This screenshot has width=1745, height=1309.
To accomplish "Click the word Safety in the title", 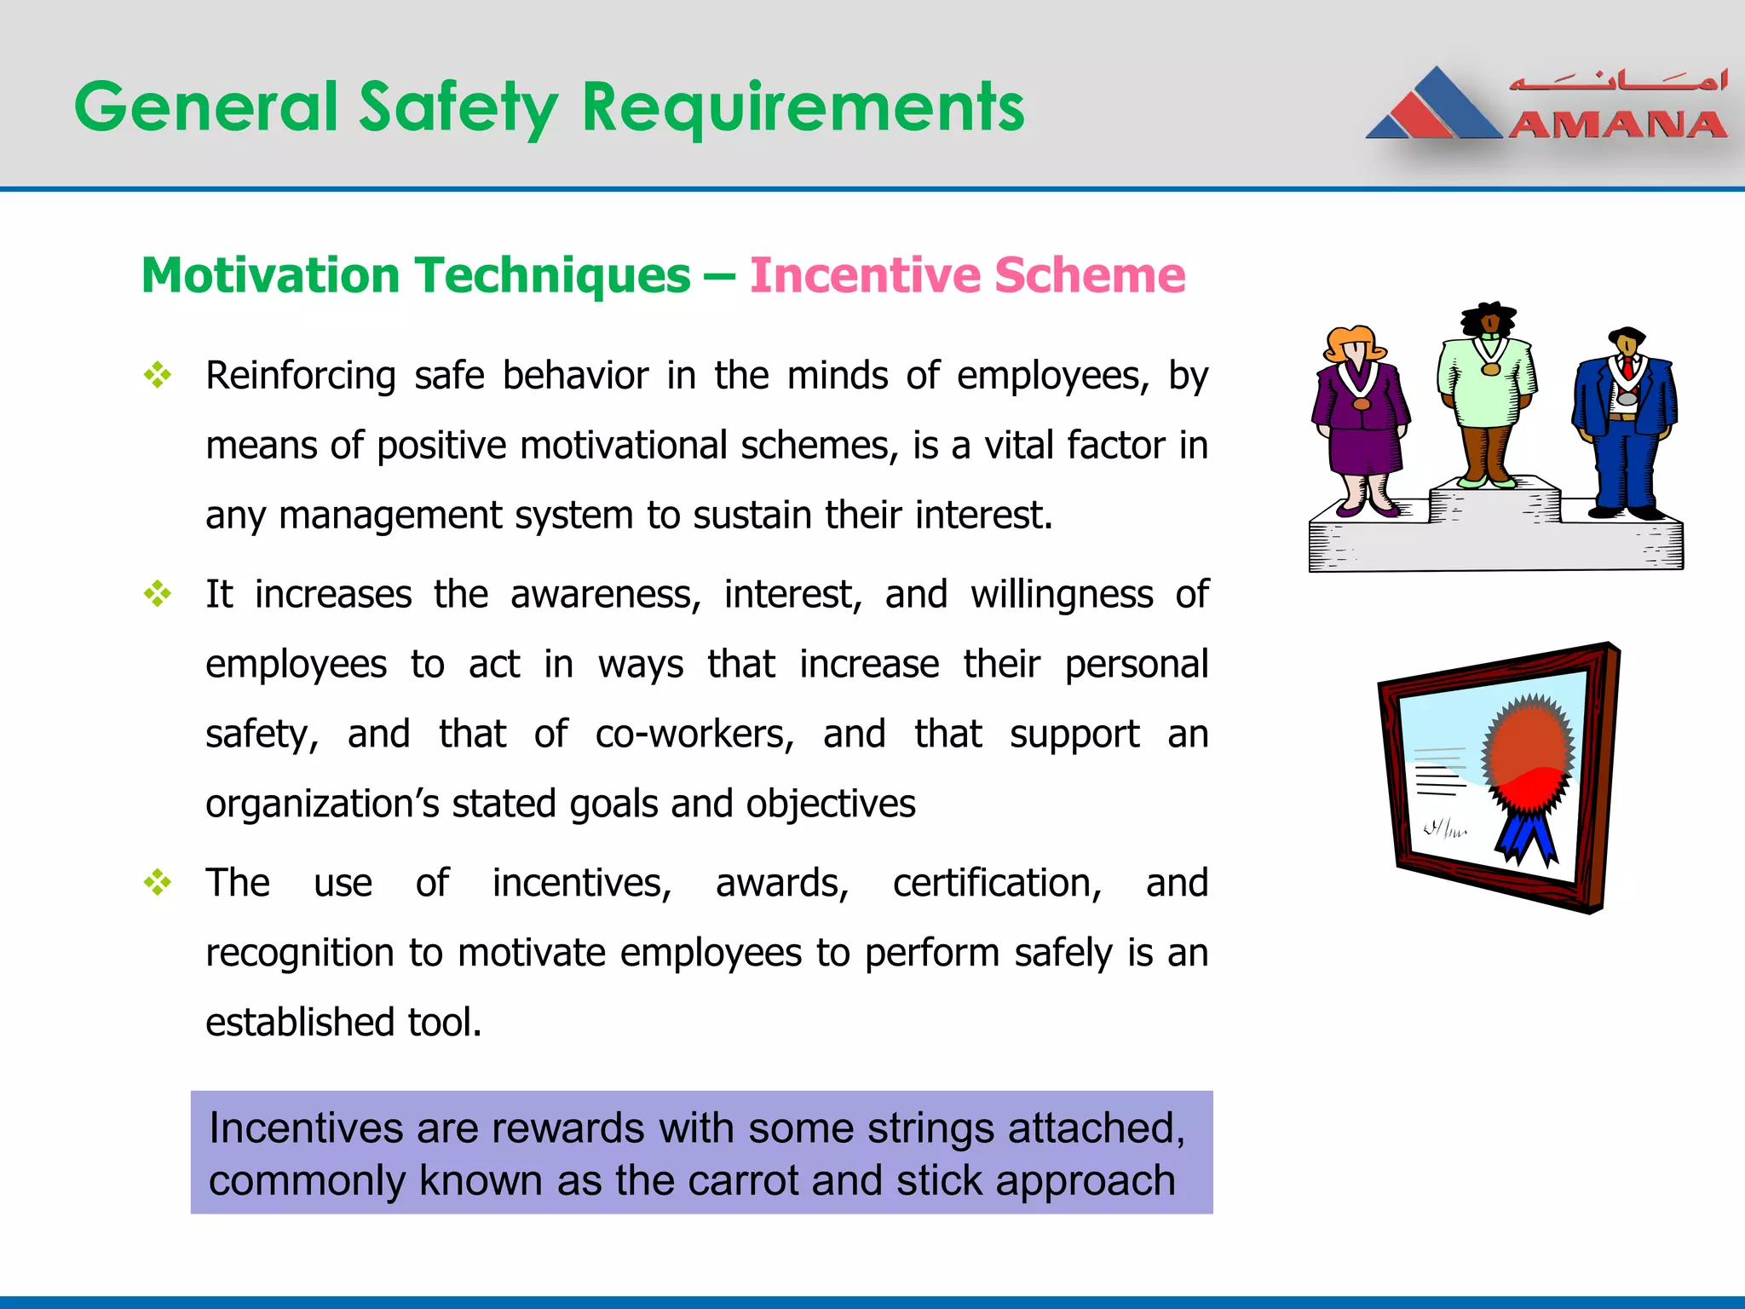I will (458, 107).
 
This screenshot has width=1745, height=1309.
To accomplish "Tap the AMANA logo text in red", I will (1616, 125).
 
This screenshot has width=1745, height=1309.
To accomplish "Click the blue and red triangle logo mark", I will (1436, 107).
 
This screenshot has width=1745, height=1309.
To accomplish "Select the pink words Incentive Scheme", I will (967, 275).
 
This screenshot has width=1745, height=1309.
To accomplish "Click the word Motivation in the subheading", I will (270, 275).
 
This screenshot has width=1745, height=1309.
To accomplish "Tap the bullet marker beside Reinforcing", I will (158, 375).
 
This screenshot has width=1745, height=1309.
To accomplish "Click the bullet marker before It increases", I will (158, 594).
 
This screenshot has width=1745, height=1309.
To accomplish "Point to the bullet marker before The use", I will (158, 882).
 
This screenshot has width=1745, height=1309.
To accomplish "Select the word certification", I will (997, 883).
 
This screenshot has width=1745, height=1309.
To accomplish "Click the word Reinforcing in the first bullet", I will (301, 376).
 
